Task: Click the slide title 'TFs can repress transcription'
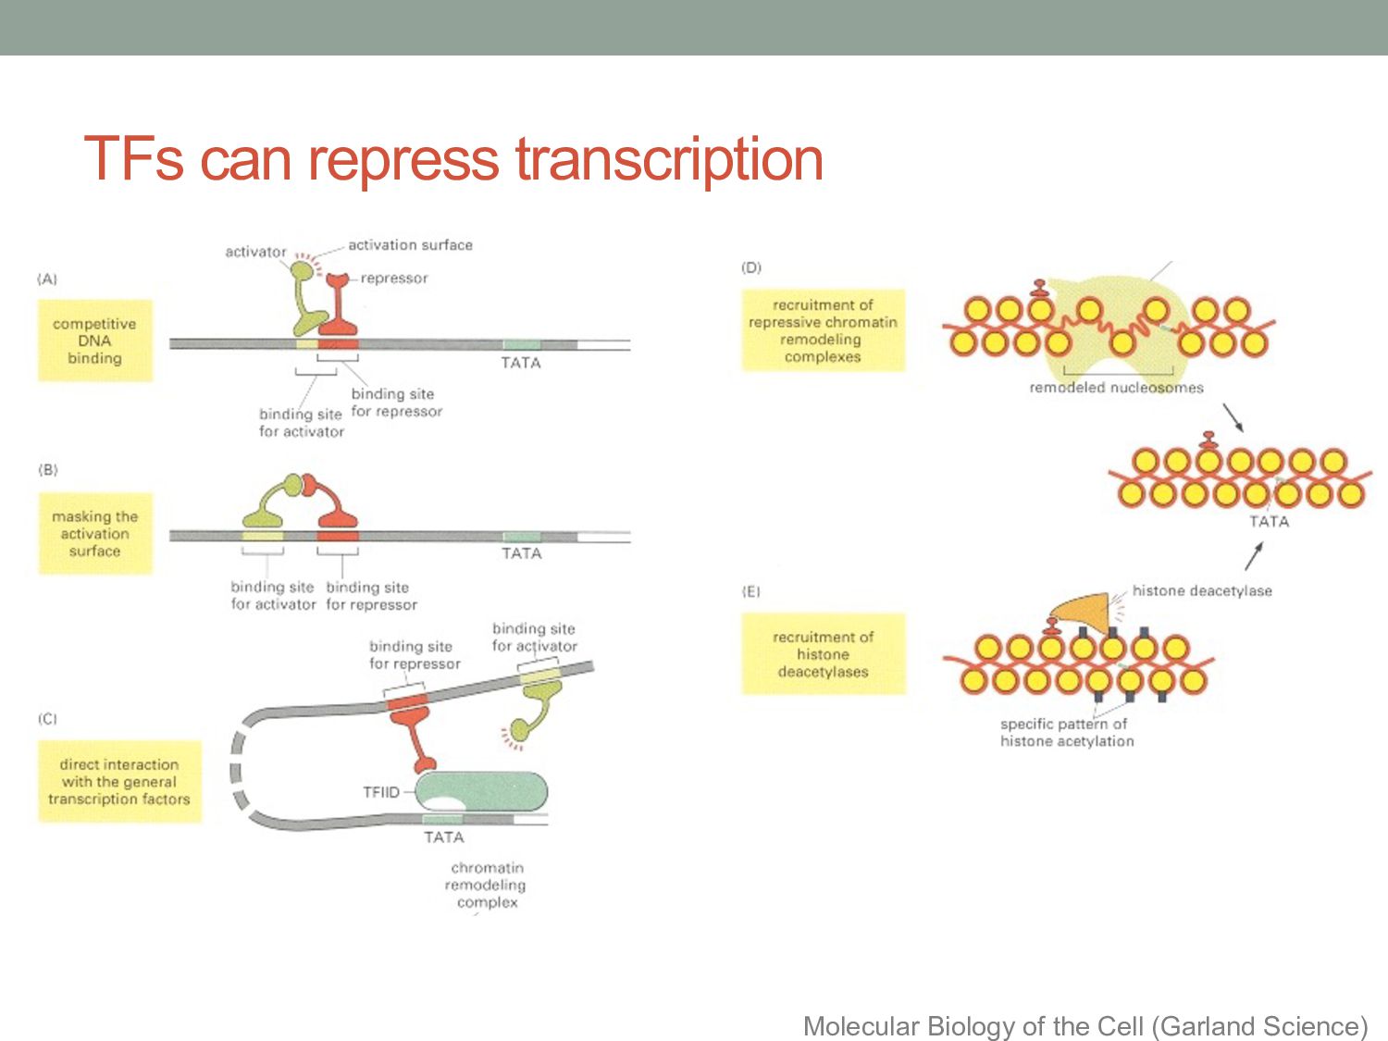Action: pyautogui.click(x=453, y=159)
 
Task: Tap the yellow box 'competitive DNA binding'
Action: pyautogui.click(x=94, y=341)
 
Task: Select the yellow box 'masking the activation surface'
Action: pyautogui.click(x=94, y=534)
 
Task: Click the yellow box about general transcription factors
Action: pyautogui.click(x=118, y=782)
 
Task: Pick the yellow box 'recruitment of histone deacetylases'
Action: pyautogui.click(x=823, y=654)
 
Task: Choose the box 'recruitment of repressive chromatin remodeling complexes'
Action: pyautogui.click(x=823, y=330)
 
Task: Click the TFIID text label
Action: pyautogui.click(x=380, y=792)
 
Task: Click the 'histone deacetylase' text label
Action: pyautogui.click(x=1201, y=590)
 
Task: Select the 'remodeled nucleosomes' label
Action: pyautogui.click(x=1116, y=388)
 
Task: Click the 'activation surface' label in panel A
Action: pyautogui.click(x=410, y=245)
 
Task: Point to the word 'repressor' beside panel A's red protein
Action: pyautogui.click(x=394, y=279)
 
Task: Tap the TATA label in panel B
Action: pyautogui.click(x=521, y=553)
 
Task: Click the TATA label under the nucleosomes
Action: pyautogui.click(x=1269, y=522)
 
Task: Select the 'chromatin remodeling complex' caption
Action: pyautogui.click(x=486, y=885)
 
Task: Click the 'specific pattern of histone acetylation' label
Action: pyautogui.click(x=1066, y=733)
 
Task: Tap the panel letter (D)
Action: pyautogui.click(x=750, y=267)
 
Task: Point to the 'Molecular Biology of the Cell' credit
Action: pyautogui.click(x=1084, y=1026)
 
